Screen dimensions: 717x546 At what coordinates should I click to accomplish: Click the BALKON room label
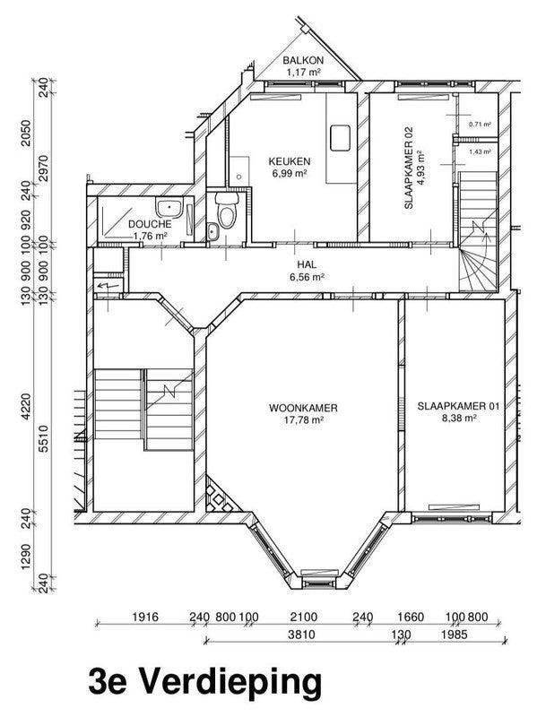(x=303, y=60)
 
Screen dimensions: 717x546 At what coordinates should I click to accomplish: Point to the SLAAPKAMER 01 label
(x=457, y=405)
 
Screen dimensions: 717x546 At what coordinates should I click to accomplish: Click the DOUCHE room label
(x=150, y=224)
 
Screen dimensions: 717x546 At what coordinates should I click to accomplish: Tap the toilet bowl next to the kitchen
(x=228, y=213)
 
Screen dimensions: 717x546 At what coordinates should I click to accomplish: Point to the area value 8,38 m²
(x=457, y=417)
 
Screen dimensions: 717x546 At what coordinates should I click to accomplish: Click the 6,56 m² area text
(x=307, y=278)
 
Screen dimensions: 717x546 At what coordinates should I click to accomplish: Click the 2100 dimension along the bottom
(x=305, y=618)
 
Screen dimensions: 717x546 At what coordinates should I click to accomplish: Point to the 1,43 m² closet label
(x=481, y=152)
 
